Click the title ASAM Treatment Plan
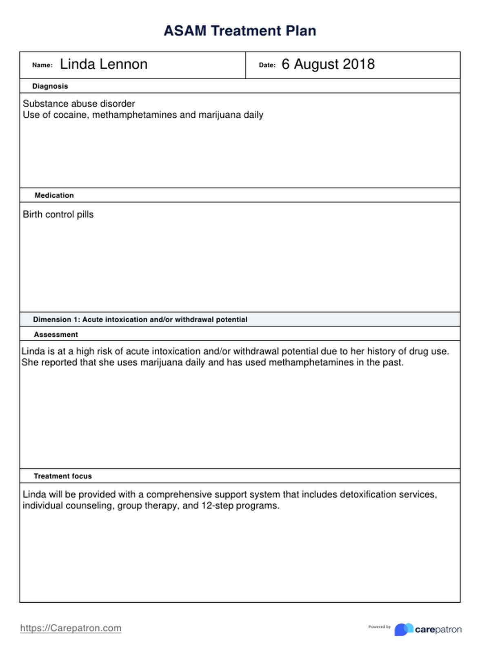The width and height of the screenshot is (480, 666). pyautogui.click(x=240, y=31)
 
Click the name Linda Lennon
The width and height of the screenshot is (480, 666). pyautogui.click(x=104, y=65)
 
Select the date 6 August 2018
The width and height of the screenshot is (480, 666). pyautogui.click(x=328, y=65)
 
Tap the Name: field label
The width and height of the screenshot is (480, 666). pyautogui.click(x=42, y=65)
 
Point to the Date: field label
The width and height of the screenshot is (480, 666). pyautogui.click(x=267, y=65)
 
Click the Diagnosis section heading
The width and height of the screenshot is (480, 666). pyautogui.click(x=50, y=86)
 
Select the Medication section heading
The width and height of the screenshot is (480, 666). pyautogui.click(x=54, y=195)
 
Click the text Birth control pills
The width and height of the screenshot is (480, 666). pyautogui.click(x=58, y=215)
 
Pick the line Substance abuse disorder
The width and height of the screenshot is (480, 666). pyautogui.click(x=79, y=104)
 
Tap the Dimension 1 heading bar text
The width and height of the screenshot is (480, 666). pyautogui.click(x=140, y=320)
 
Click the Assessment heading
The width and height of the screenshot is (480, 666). pyautogui.click(x=56, y=335)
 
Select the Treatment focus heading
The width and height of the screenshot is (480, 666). pyautogui.click(x=62, y=476)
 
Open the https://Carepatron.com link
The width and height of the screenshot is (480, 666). pyautogui.click(x=71, y=628)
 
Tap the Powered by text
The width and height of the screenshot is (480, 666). pyautogui.click(x=379, y=627)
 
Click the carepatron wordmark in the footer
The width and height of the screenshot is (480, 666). pyautogui.click(x=438, y=630)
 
